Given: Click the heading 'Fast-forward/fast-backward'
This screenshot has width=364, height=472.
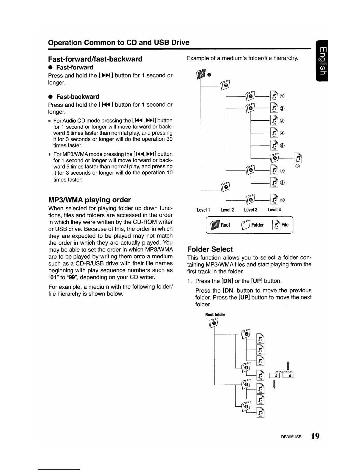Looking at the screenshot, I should [x=95, y=59].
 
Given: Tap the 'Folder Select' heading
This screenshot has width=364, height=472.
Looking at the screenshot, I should [x=210, y=249].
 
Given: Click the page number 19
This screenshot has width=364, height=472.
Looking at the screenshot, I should [x=315, y=436].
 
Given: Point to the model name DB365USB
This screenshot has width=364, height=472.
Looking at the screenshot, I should [x=291, y=437].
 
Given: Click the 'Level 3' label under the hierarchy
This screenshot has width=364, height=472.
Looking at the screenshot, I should [x=250, y=210].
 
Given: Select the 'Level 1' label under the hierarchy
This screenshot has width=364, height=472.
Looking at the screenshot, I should [x=203, y=210].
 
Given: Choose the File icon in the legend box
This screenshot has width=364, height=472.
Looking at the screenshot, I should [x=276, y=225].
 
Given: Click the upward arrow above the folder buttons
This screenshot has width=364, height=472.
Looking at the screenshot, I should [x=288, y=365].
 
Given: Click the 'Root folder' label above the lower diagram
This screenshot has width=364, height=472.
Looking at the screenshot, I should [x=215, y=315].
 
